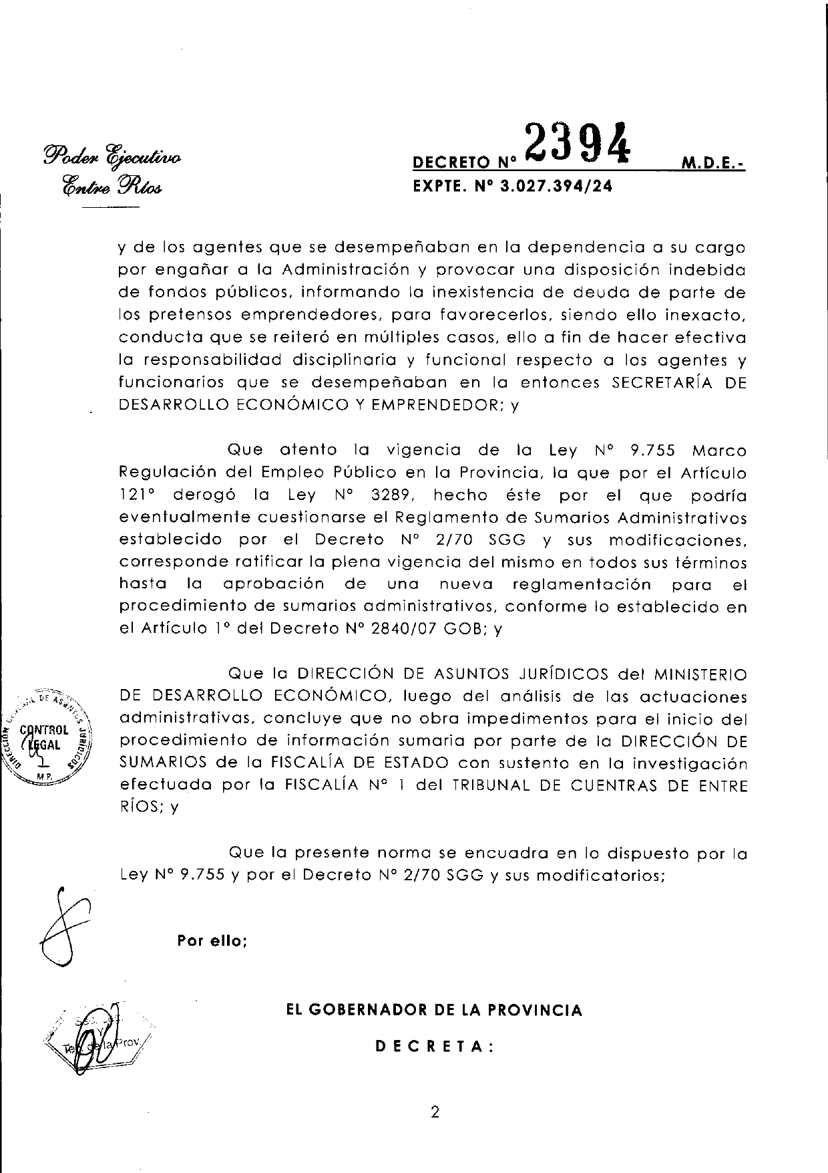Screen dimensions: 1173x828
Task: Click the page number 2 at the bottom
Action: [435, 1113]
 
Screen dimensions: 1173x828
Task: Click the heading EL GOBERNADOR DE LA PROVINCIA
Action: [434, 1010]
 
